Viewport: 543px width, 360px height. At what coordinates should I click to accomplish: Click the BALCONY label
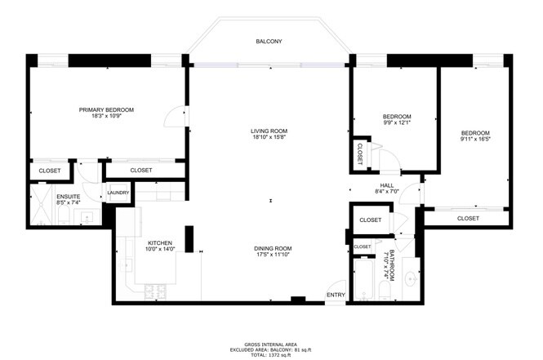pyautogui.click(x=269, y=41)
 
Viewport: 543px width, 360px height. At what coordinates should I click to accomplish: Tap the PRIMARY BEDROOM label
pyautogui.click(x=106, y=109)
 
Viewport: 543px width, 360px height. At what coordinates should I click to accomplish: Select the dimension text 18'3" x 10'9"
pyautogui.click(x=106, y=116)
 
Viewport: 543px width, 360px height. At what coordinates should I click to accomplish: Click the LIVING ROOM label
pyautogui.click(x=269, y=131)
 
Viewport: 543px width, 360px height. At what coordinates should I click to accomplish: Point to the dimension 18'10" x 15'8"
pyautogui.click(x=269, y=137)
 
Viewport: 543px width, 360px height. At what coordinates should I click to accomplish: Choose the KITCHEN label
pyautogui.click(x=159, y=242)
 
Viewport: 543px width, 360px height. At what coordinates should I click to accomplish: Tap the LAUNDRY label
pyautogui.click(x=118, y=193)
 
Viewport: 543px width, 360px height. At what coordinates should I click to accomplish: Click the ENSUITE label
pyautogui.click(x=68, y=197)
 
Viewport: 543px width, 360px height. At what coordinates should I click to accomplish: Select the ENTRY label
pyautogui.click(x=335, y=295)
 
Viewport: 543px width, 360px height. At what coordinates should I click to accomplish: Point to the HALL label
pyautogui.click(x=386, y=185)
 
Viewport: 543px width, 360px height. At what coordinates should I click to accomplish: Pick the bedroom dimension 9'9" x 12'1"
pyautogui.click(x=397, y=123)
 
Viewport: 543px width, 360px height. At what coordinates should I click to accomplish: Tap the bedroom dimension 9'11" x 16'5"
pyautogui.click(x=474, y=140)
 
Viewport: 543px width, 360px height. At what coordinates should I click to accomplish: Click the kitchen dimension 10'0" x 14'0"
pyautogui.click(x=160, y=249)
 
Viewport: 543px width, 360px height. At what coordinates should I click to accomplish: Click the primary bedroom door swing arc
pyautogui.click(x=174, y=118)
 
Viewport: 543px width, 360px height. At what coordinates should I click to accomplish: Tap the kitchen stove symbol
pyautogui.click(x=155, y=291)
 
